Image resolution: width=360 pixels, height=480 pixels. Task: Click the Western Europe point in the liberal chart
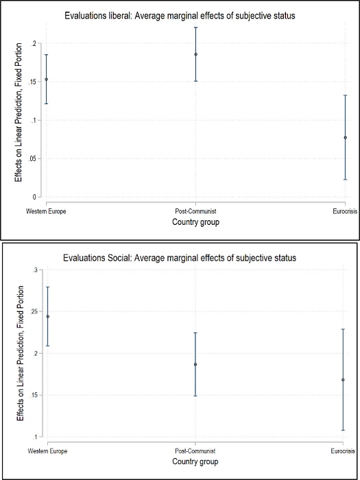pyautogui.click(x=46, y=80)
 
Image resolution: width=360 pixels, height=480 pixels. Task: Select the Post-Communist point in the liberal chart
pyautogui.click(x=195, y=54)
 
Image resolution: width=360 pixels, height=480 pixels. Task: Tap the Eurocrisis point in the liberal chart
pyautogui.click(x=345, y=137)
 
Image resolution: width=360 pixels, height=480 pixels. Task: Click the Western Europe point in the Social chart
pyautogui.click(x=47, y=316)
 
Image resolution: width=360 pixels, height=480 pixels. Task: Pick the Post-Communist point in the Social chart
pyautogui.click(x=195, y=364)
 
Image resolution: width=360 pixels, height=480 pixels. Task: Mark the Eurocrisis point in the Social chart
pyautogui.click(x=343, y=380)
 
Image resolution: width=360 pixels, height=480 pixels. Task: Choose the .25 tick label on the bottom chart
pyautogui.click(x=35, y=312)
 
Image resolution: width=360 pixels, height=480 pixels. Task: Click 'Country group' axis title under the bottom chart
pyautogui.click(x=195, y=462)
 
